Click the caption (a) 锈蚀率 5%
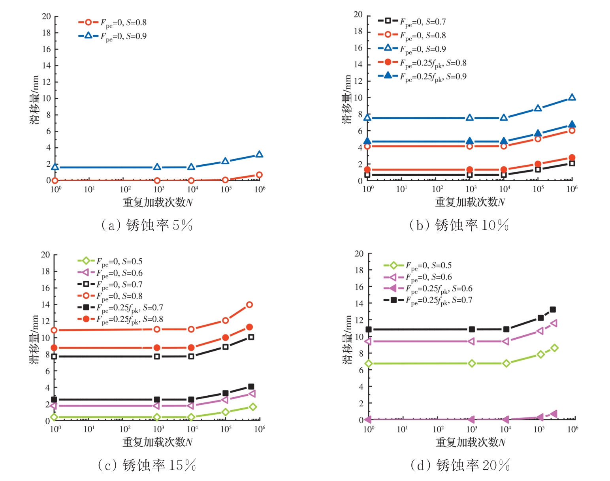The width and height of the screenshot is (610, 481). point(147,225)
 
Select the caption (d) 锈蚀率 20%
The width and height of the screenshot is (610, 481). point(460,465)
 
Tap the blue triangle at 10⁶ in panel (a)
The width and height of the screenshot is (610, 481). point(259,154)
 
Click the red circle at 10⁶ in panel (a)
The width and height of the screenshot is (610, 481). point(259,175)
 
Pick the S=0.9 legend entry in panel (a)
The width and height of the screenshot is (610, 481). point(113,36)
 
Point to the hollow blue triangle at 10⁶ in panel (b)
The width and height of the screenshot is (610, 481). point(572,98)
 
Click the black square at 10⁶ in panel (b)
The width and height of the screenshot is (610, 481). point(572,163)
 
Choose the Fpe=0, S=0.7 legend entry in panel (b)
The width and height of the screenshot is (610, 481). point(412,22)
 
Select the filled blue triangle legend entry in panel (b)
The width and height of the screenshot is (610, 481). point(422,76)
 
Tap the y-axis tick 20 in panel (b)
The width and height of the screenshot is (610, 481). point(358,15)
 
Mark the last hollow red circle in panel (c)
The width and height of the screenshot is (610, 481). point(249,304)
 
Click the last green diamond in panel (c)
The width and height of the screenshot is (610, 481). point(253,407)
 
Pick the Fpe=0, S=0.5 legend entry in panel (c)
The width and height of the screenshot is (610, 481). point(110,261)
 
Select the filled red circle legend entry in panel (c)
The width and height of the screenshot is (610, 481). point(120,319)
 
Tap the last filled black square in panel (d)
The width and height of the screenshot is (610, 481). point(553,310)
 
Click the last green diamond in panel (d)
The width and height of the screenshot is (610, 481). point(554,348)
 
